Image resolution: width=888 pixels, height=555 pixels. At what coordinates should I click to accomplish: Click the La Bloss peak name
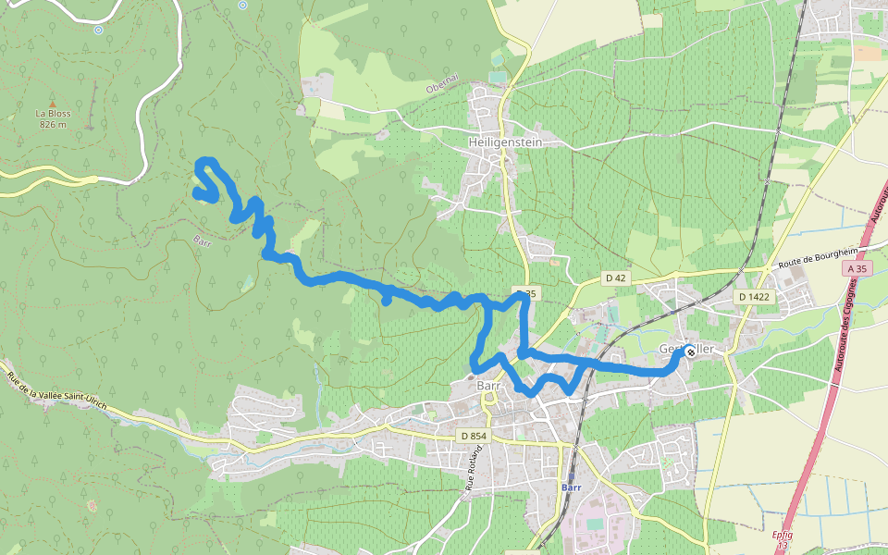point(53,114)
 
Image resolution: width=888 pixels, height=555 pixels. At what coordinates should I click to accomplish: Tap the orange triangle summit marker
point(53,104)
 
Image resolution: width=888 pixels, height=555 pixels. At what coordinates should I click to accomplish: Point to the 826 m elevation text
point(53,124)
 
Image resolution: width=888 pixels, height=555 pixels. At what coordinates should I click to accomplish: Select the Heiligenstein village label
point(505,142)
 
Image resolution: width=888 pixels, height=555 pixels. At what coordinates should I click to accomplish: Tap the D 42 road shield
point(616,277)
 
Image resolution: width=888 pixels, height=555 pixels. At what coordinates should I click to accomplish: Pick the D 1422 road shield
point(754,297)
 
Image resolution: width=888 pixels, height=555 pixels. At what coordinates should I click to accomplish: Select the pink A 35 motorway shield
point(857,269)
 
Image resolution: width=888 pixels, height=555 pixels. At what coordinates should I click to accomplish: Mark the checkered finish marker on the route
point(689,351)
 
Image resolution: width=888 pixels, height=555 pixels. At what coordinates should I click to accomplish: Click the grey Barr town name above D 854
point(487,387)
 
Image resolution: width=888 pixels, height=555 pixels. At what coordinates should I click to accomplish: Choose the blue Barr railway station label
point(571,487)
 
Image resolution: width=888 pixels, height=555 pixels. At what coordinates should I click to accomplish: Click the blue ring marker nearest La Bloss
point(98,30)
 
